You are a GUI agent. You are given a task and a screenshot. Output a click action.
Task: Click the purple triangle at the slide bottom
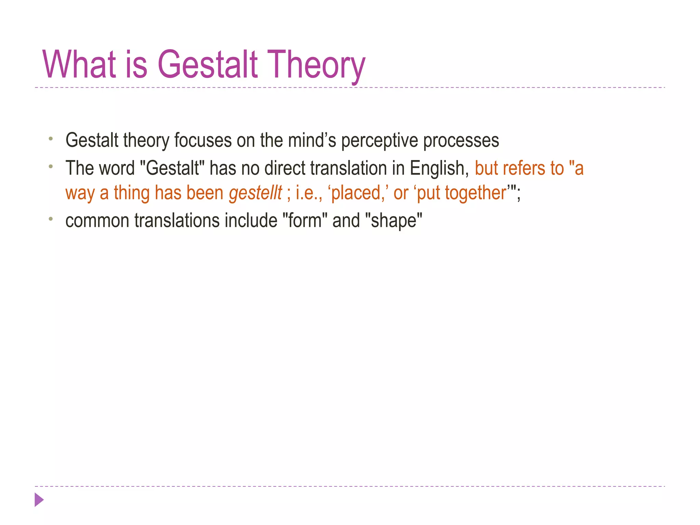click(39, 500)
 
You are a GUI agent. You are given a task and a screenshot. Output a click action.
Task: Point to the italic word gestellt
click(255, 193)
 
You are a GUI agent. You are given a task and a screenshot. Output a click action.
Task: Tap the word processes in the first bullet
click(461, 140)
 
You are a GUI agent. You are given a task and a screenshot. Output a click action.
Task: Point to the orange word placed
click(356, 193)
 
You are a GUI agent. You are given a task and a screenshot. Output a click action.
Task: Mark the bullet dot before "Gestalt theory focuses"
click(51, 139)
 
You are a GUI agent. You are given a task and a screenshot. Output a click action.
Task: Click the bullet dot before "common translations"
click(51, 219)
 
